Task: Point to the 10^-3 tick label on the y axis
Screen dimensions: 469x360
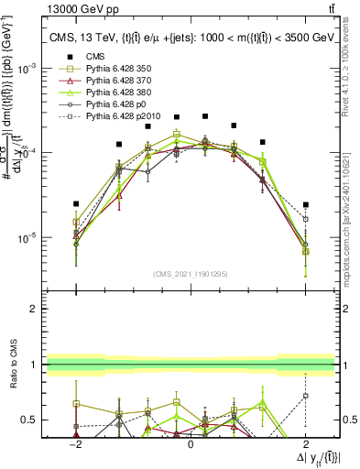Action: (x=28, y=69)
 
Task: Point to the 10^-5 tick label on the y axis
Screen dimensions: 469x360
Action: (x=28, y=238)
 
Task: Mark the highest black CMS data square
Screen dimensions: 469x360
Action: (x=205, y=116)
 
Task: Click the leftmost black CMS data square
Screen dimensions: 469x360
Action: (x=77, y=203)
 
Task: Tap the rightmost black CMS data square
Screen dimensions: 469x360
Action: (x=306, y=204)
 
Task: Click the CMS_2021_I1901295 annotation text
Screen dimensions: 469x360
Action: (x=191, y=273)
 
